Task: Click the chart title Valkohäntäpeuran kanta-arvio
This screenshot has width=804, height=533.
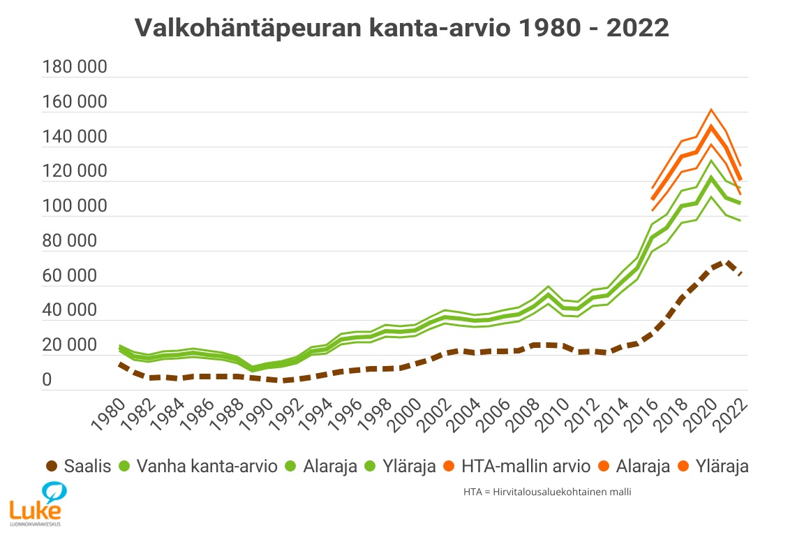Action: pyautogui.click(x=401, y=28)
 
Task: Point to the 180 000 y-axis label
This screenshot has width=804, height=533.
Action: pyautogui.click(x=75, y=68)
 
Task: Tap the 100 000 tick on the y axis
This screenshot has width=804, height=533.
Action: pyautogui.click(x=75, y=207)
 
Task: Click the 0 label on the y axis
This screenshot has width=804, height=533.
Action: pyautogui.click(x=47, y=380)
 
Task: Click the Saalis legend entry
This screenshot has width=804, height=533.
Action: pyautogui.click(x=87, y=467)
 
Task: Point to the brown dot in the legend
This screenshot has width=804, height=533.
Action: pyautogui.click(x=51, y=467)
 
